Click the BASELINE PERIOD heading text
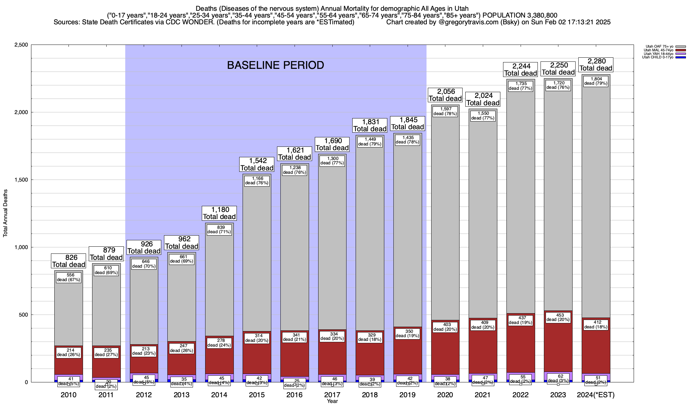click(x=275, y=65)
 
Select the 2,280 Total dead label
click(x=596, y=64)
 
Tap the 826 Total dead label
click(x=68, y=261)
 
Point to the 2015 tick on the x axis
click(x=257, y=395)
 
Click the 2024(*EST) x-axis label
click(x=596, y=395)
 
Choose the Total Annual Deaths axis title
click(x=5, y=213)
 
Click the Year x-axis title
click(x=332, y=401)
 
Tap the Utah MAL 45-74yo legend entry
click(x=658, y=50)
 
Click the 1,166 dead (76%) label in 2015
click(x=257, y=181)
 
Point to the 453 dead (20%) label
click(x=558, y=318)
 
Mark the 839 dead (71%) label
click(x=219, y=230)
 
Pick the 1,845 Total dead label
click(x=407, y=124)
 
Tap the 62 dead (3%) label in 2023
click(x=558, y=378)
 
